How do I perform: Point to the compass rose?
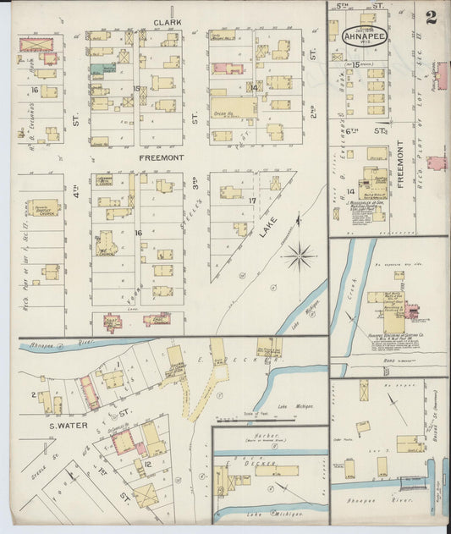299,255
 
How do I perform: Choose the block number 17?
252,201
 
